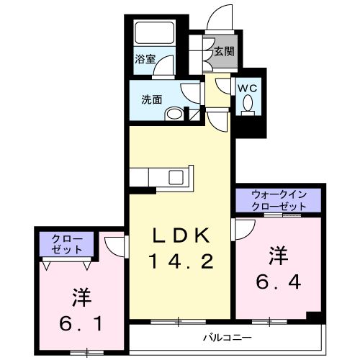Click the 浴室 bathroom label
click(145, 60)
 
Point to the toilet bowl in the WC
click(249, 105)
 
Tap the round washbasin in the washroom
click(173, 114)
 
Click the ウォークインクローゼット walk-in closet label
click(279, 199)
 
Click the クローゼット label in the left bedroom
click(66, 244)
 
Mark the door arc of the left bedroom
click(114, 243)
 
